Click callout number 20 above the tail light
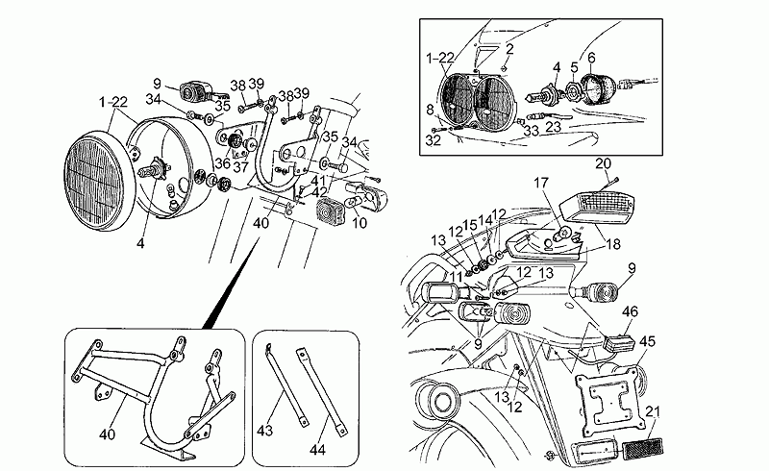(x=604, y=163)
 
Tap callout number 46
(x=631, y=311)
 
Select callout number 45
(x=647, y=341)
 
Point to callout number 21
(x=653, y=411)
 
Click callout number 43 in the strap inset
(x=265, y=431)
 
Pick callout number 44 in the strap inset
(x=317, y=450)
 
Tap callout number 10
(x=360, y=223)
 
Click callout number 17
(x=540, y=183)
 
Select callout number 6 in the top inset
(x=591, y=58)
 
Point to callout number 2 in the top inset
(x=509, y=49)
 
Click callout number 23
(x=554, y=127)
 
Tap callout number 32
(x=434, y=140)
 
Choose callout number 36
(x=222, y=162)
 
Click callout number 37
(x=241, y=167)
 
